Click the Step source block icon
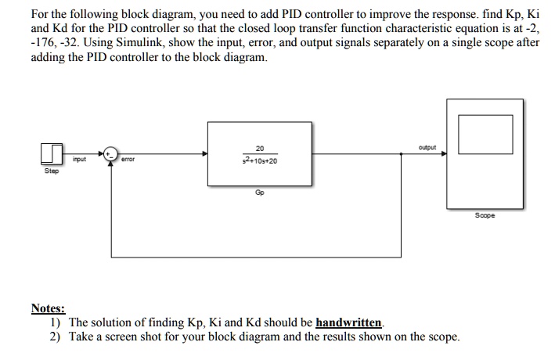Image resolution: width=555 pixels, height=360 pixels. tap(52, 153)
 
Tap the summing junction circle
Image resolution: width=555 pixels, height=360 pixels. tap(112, 154)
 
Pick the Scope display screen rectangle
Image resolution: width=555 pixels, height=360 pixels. tap(480, 135)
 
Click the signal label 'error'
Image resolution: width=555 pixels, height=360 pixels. tap(128, 160)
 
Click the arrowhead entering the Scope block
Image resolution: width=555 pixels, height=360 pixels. tap(444, 154)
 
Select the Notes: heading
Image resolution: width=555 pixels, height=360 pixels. tap(48, 309)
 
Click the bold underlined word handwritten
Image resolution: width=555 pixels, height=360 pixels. tap(350, 322)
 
